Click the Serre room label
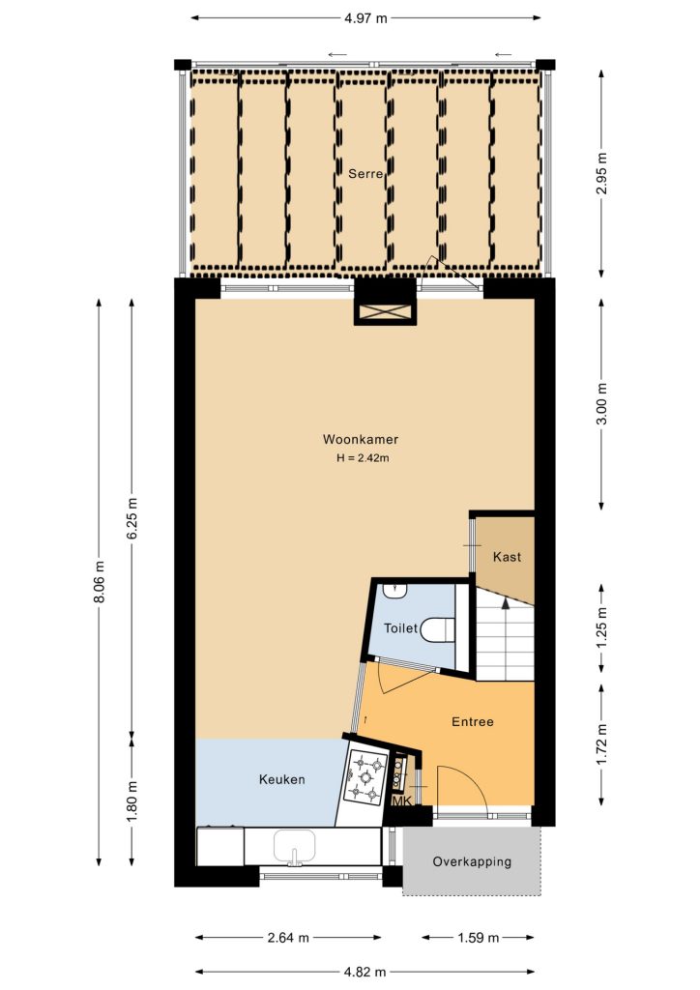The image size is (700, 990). pos(365,174)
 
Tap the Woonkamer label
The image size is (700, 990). pos(361,440)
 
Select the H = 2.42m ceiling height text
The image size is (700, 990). pos(363,458)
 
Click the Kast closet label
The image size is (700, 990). pos(507,557)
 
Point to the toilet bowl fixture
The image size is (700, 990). pos(437,629)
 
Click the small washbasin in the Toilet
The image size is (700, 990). pos(395,591)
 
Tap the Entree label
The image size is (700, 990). pos(472,721)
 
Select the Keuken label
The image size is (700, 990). pos(281,780)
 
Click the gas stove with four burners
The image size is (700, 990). pos(365,776)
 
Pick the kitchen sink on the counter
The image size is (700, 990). pos(294,847)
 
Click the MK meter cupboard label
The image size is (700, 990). pos(402,801)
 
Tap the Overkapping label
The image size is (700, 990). pos(472,861)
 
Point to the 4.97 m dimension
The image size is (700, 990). pos(365,18)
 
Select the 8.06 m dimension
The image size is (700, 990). pos(99,581)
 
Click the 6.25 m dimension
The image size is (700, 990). pos(131,519)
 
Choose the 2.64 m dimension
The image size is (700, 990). pos(288,938)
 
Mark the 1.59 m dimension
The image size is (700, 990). pos(478,938)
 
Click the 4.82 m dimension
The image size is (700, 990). pos(365,972)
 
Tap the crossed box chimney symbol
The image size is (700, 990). pos(385,312)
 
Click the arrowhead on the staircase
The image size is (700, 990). pos(505,602)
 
